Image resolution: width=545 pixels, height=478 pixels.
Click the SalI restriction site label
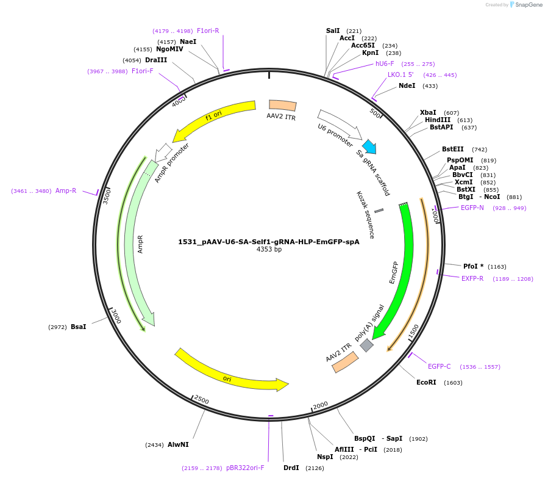[333, 31]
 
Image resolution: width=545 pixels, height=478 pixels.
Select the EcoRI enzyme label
[426, 382]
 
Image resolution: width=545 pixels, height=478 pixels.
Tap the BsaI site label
[78, 327]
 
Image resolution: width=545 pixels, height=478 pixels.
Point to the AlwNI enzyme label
[178, 444]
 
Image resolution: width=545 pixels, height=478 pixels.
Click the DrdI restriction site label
[291, 468]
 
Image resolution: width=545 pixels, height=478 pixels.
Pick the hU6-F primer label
[385, 63]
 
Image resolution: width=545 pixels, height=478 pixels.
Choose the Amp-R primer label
[66, 190]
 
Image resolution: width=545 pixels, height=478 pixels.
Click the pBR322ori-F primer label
[245, 468]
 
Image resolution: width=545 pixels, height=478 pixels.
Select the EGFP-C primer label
[439, 366]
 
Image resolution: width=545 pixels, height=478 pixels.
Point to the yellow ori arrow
[229, 372]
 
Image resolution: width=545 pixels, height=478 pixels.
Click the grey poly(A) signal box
[366, 345]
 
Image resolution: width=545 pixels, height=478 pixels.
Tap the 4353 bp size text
[269, 249]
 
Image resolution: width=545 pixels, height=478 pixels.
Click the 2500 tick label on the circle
[201, 400]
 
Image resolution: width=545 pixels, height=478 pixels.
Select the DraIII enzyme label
[155, 60]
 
